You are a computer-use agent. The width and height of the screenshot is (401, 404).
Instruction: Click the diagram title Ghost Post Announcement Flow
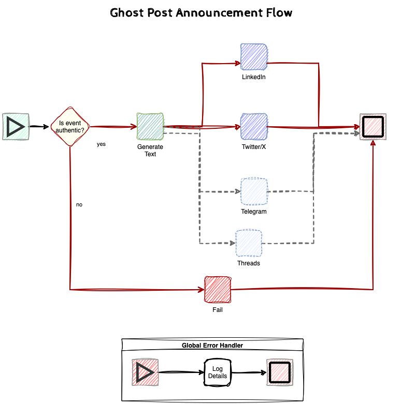pyautogui.click(x=201, y=12)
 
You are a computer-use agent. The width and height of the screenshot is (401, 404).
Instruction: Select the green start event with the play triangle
pyautogui.click(x=16, y=126)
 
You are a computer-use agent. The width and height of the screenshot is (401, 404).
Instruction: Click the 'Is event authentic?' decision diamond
pyautogui.click(x=70, y=126)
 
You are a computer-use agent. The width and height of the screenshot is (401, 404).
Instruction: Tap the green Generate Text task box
pyautogui.click(x=150, y=126)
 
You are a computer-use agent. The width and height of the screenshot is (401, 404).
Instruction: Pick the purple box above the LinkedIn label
pyautogui.click(x=254, y=56)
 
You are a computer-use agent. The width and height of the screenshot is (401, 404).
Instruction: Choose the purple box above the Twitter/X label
pyautogui.click(x=254, y=126)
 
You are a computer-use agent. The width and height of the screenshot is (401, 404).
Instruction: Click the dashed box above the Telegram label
pyautogui.click(x=254, y=191)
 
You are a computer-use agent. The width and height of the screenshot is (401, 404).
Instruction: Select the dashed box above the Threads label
pyautogui.click(x=249, y=243)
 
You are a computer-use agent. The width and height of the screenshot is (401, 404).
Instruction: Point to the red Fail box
pyautogui.click(x=218, y=290)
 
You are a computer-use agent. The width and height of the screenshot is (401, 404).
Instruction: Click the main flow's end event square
pyautogui.click(x=373, y=126)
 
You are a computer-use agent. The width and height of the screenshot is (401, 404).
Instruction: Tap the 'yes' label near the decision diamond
pyautogui.click(x=101, y=144)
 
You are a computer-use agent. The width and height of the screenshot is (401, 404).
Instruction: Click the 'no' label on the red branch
pyautogui.click(x=79, y=204)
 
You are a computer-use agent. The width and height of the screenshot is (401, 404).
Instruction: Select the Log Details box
pyautogui.click(x=218, y=372)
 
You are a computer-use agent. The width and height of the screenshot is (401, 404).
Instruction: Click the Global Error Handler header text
pyautogui.click(x=212, y=345)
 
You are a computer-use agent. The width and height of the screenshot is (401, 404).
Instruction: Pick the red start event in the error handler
pyautogui.click(x=145, y=372)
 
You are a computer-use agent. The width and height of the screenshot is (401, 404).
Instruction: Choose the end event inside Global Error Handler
pyautogui.click(x=279, y=372)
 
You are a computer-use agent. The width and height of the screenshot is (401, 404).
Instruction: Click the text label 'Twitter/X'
pyautogui.click(x=254, y=147)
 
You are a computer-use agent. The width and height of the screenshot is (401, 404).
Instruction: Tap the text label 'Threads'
pyautogui.click(x=249, y=263)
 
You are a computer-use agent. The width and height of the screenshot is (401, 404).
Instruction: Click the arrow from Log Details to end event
pyautogui.click(x=248, y=372)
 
